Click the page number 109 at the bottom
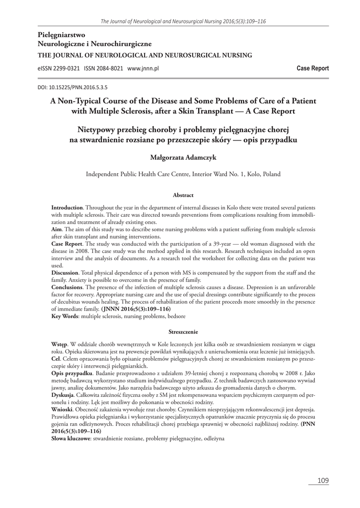coord(323,480)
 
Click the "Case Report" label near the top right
coord(312,68)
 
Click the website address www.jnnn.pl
coord(144,68)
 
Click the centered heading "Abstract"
coord(183,195)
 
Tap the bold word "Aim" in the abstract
coord(56,231)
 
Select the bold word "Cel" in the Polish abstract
coord(56,358)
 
